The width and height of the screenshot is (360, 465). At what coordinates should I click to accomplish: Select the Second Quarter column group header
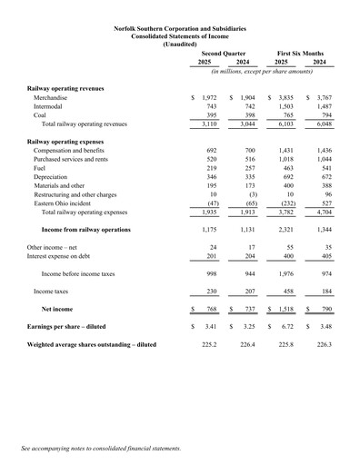click(x=223, y=54)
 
